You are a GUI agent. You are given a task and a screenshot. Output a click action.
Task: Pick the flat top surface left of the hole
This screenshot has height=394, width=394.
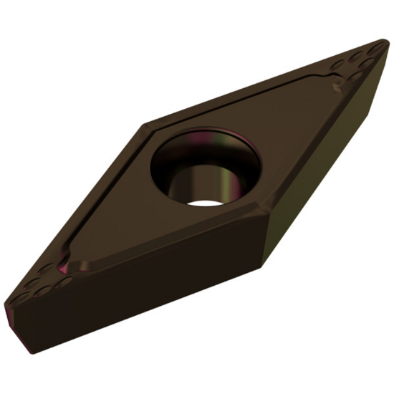115,208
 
